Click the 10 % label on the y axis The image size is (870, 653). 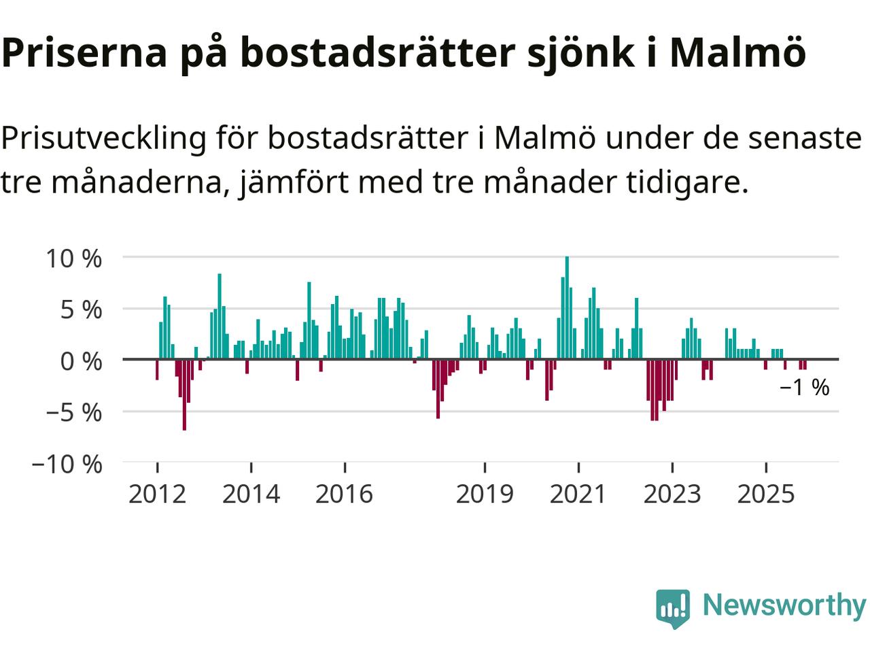73,258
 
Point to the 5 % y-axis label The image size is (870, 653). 80,309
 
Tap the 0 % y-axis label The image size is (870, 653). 80,361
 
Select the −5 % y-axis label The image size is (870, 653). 73,413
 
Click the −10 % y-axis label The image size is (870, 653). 67,465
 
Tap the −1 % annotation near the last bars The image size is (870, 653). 805,388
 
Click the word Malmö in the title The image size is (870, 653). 737,52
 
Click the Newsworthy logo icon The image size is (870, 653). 672,607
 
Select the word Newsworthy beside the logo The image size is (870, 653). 784,605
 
